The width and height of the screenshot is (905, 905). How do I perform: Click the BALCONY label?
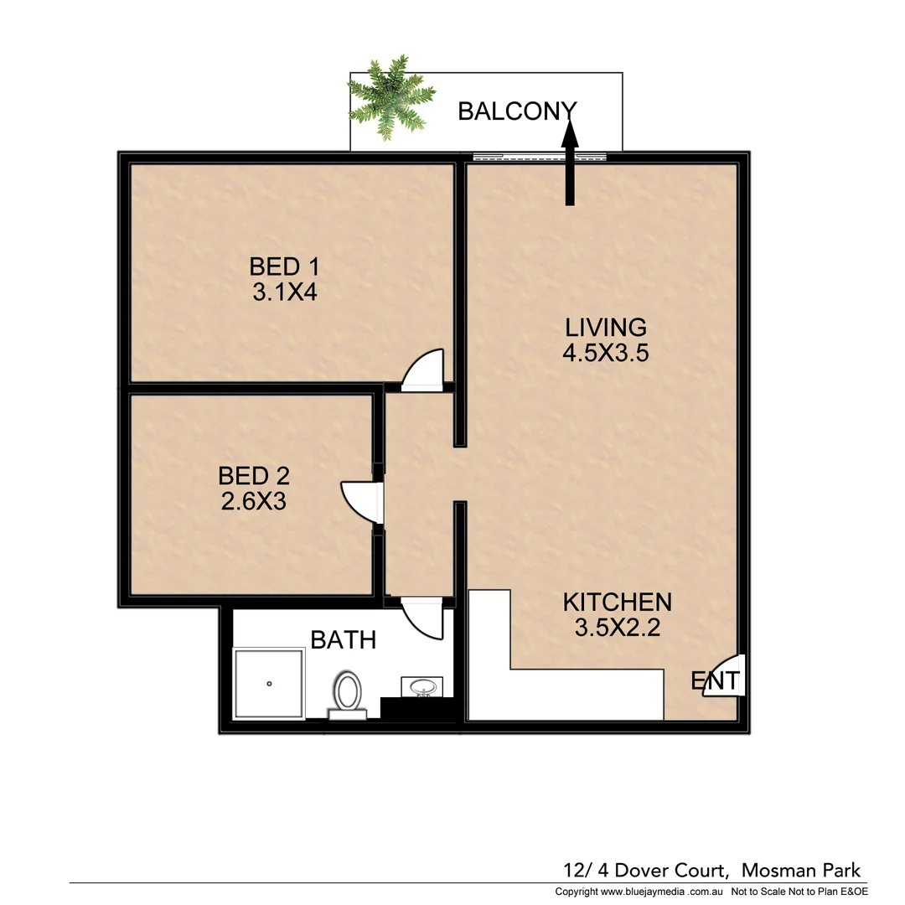pyautogui.click(x=517, y=111)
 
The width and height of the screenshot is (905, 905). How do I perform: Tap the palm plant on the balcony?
pyautogui.click(x=390, y=98)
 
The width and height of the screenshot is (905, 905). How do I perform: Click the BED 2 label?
pyautogui.click(x=253, y=476)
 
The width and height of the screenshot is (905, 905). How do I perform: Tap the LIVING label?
pyautogui.click(x=605, y=327)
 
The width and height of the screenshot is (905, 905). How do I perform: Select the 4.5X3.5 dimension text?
pyautogui.click(x=605, y=352)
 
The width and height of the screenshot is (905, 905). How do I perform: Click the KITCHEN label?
pyautogui.click(x=617, y=602)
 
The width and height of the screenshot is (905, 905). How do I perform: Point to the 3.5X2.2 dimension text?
pyautogui.click(x=617, y=627)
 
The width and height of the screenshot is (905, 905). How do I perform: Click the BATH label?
pyautogui.click(x=343, y=640)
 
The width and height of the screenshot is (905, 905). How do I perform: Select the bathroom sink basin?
pyautogui.click(x=421, y=687)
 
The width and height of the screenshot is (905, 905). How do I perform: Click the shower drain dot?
pyautogui.click(x=269, y=684)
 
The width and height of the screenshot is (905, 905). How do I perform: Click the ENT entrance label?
pyautogui.click(x=715, y=681)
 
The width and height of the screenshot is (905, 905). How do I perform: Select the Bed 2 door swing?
pyautogui.click(x=361, y=502)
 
